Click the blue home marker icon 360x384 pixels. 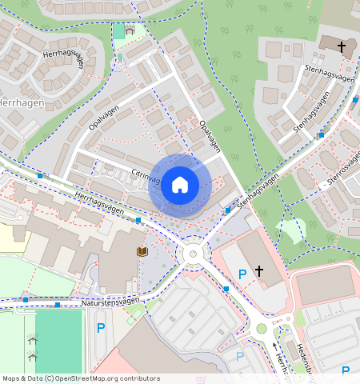pyautogui.click(x=180, y=185)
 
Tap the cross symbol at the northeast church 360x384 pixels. pyautogui.click(x=342, y=47)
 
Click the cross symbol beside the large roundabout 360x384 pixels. pyautogui.click(x=258, y=271)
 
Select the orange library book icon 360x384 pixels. pyautogui.click(x=142, y=251)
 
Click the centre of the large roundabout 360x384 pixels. pyautogui.click(x=192, y=254)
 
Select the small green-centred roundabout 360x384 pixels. pyautogui.click(x=261, y=328)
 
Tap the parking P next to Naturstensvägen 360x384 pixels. pyautogui.click(x=101, y=327)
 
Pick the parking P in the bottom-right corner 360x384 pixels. pyautogui.click(x=346, y=370)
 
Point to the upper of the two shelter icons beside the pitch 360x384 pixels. pyautogui.click(x=33, y=339)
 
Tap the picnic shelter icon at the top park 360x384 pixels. pyautogui.click(x=130, y=30)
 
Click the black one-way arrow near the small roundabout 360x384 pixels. pyautogui.click(x=277, y=346)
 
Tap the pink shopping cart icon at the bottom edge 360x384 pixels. pyautogui.click(x=201, y=380)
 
